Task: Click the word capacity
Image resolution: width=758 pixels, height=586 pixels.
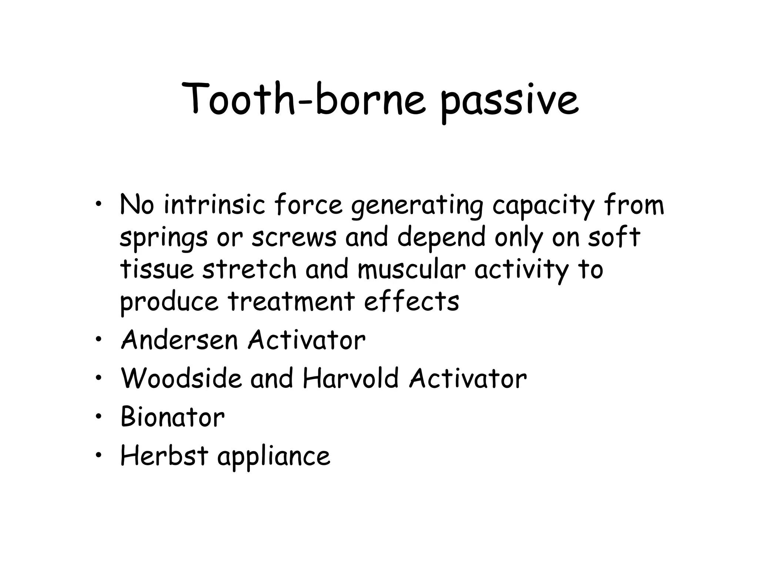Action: [x=543, y=207]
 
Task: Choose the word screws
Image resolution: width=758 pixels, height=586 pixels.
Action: [x=294, y=237]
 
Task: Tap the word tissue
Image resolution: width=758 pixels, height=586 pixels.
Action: [x=157, y=269]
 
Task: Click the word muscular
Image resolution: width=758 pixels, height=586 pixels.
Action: [x=411, y=269]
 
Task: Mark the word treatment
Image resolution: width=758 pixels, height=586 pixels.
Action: [x=291, y=301]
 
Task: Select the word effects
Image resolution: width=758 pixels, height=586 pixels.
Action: [x=412, y=301]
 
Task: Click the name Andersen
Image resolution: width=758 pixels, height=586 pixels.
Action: [x=180, y=340]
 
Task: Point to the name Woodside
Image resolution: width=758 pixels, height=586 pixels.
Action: [x=181, y=378]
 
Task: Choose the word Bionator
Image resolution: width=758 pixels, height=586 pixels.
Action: [x=172, y=417]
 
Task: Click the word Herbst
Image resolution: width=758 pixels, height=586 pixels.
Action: [x=164, y=456]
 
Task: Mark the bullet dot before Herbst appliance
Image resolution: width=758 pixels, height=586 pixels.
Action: [x=98, y=456]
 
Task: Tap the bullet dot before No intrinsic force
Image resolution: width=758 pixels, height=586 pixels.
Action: [x=98, y=206]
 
